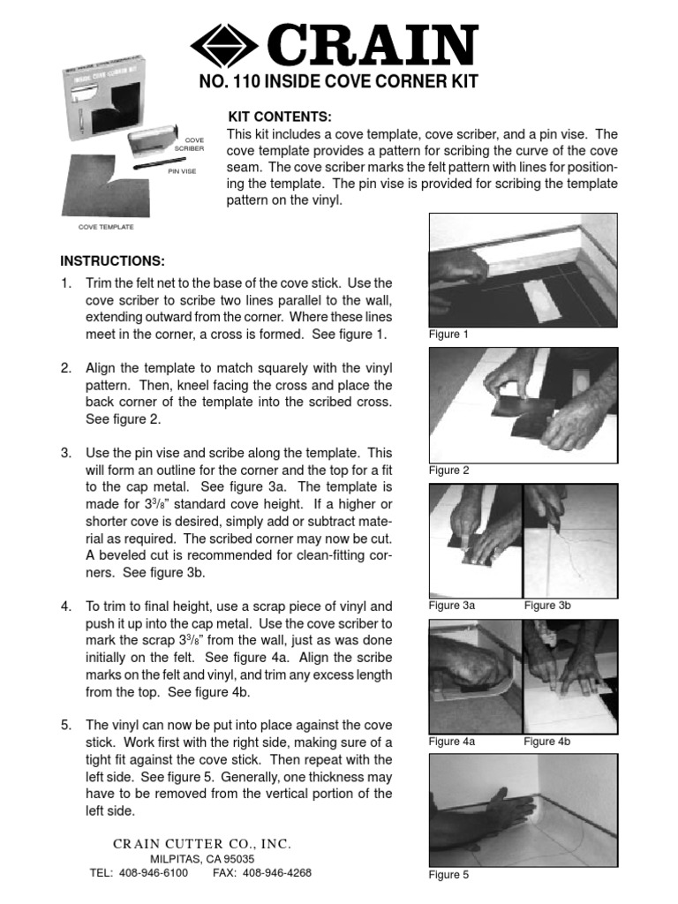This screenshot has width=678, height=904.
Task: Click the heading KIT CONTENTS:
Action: [x=280, y=117]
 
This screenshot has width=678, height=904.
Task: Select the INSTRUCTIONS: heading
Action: [x=112, y=262]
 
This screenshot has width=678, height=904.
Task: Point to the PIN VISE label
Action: [x=183, y=171]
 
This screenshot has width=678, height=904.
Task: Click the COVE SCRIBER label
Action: [x=194, y=144]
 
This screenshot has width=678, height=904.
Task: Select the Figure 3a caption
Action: [x=452, y=606]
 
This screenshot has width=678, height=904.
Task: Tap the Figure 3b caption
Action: [x=547, y=606]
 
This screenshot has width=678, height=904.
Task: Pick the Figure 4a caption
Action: [x=452, y=742]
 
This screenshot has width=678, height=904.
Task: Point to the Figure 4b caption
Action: [x=547, y=742]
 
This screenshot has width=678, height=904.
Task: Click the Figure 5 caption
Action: [x=449, y=875]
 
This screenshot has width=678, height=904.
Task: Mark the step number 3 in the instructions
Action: [x=65, y=453]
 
